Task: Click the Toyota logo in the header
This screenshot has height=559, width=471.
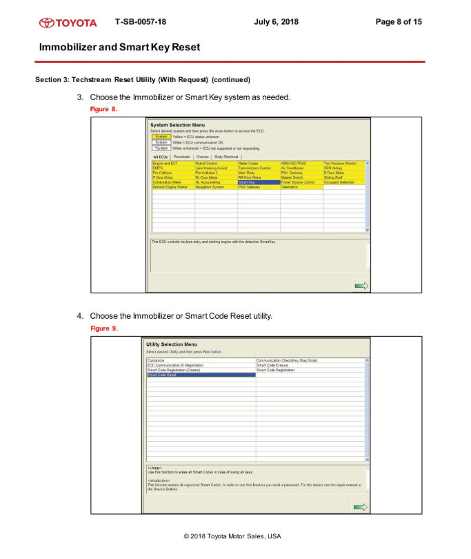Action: coord(68,22)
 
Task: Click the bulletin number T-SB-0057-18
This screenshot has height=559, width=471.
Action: coord(141,22)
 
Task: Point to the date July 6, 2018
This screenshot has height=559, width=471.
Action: coord(276,22)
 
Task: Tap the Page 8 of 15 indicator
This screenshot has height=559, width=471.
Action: coord(398,22)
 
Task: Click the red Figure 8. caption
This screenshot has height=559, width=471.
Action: coord(104,109)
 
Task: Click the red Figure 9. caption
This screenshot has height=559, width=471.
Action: coord(104,328)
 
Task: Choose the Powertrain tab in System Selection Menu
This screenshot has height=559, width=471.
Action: coord(182,157)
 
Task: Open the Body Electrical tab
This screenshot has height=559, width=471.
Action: coord(226,157)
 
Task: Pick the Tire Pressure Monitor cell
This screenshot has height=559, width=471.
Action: coord(341,163)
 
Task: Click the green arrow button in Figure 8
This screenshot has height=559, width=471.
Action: coord(361,285)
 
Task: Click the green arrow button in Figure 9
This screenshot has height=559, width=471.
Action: coord(360,507)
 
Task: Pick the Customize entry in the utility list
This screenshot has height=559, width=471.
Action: coord(157,360)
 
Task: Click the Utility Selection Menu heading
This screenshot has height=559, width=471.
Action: coord(172,344)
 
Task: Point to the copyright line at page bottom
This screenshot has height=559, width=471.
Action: coord(232,536)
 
